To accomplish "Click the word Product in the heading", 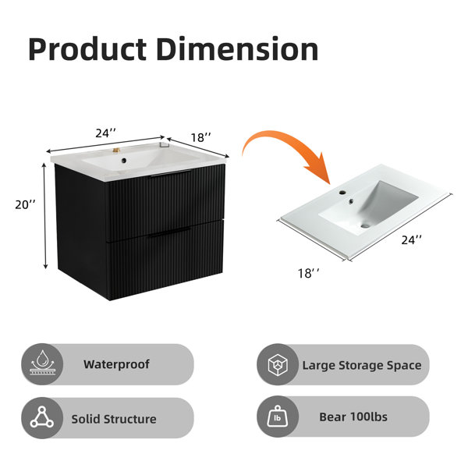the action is click(87, 49).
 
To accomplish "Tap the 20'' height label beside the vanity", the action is click(26, 204).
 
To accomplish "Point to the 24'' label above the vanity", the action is click(105, 133).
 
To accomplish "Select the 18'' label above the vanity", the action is click(201, 137).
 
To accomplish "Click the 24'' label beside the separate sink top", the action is click(412, 239).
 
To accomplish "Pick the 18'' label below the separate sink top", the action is click(309, 274).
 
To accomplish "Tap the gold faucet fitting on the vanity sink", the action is click(116, 150).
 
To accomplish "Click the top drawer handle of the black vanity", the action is click(170, 173).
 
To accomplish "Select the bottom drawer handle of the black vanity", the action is click(169, 232).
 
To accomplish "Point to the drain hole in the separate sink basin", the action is click(365, 225).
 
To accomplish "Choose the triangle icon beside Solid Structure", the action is click(42, 417).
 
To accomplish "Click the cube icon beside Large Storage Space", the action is click(278, 364).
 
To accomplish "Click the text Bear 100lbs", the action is click(353, 417).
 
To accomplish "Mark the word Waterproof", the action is click(116, 364).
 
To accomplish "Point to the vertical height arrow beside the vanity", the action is click(45, 216).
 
